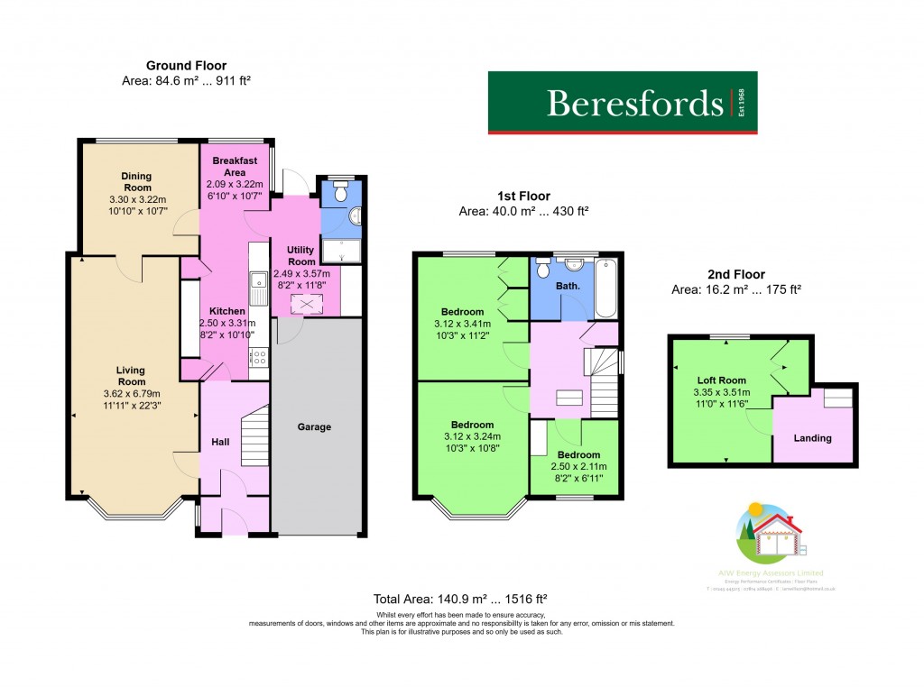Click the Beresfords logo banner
tap(623, 103)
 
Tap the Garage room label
tap(314, 426)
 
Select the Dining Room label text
tap(138, 181)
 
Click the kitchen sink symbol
tap(257, 287)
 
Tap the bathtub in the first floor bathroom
tap(606, 288)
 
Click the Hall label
tap(220, 443)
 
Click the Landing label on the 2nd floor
tap(812, 438)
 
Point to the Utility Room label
tap(302, 255)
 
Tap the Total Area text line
tap(461, 599)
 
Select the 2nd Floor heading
tap(736, 274)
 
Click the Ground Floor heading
tap(186, 65)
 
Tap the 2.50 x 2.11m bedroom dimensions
tap(578, 467)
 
